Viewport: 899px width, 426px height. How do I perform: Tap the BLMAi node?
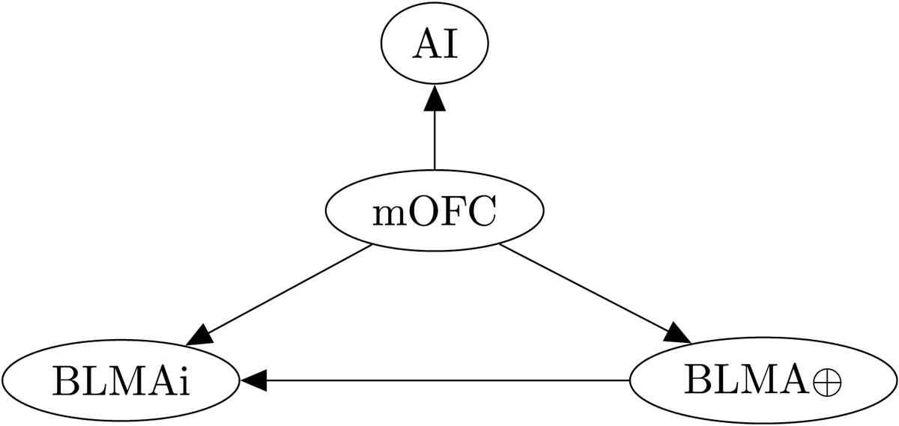click(x=120, y=381)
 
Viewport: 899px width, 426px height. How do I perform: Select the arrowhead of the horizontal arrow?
click(x=252, y=381)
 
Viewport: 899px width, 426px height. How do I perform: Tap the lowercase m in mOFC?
click(x=389, y=216)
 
